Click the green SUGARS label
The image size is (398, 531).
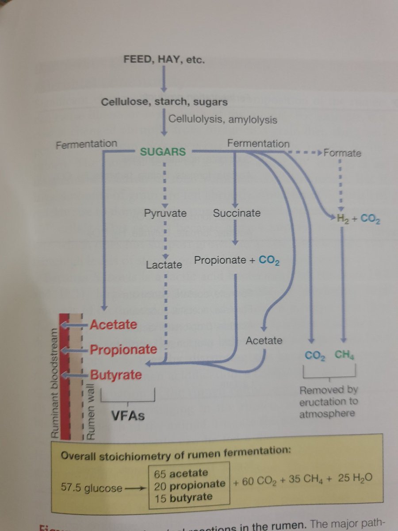tap(163, 152)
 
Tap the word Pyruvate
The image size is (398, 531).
tap(165, 213)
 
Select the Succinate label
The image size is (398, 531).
tap(237, 213)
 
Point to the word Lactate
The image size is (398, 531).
tap(164, 265)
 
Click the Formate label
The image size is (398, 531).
tap(342, 154)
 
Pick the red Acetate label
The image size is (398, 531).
tap(113, 324)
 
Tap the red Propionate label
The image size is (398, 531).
tap(123, 350)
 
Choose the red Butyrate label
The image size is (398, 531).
tap(116, 375)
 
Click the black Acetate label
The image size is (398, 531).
tap(264, 340)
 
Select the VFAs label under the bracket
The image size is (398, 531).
tap(128, 416)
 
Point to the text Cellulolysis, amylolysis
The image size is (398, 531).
tap(223, 120)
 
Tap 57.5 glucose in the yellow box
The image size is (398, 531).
tap(92, 488)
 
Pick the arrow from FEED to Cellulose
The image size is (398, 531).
tap(163, 81)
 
